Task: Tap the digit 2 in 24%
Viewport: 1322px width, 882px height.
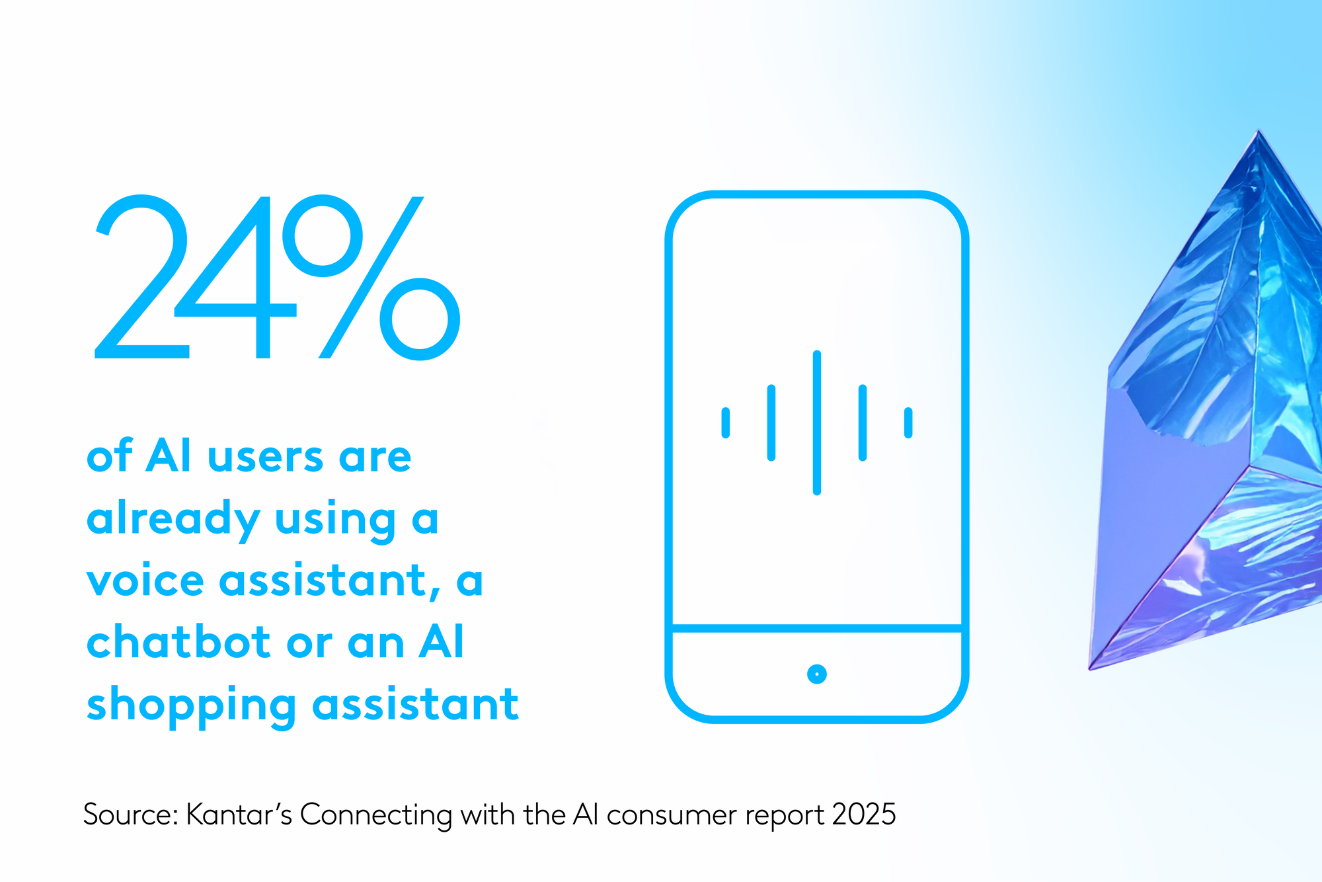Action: tap(141, 277)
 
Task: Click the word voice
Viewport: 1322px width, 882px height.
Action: tap(145, 581)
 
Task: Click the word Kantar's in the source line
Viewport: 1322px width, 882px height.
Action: tap(239, 815)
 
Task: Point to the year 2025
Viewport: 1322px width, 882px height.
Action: tap(864, 815)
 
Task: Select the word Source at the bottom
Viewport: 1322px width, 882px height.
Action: tap(127, 815)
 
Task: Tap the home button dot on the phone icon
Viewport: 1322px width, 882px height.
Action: tap(817, 674)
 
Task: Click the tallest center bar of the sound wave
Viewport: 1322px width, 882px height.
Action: tap(817, 422)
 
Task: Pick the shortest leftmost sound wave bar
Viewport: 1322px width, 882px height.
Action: tap(726, 422)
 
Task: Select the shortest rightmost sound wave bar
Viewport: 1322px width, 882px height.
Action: tap(908, 422)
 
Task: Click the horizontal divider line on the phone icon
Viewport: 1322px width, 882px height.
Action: tap(817, 628)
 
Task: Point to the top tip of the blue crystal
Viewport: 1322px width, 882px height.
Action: tap(1259, 131)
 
